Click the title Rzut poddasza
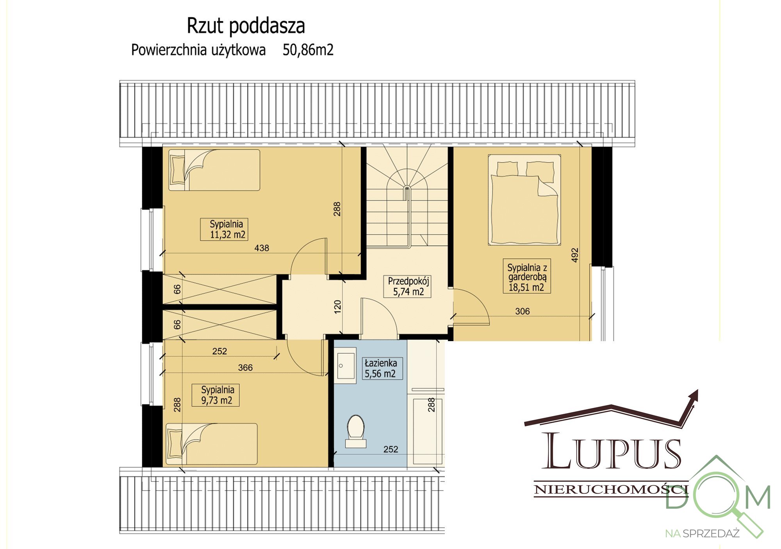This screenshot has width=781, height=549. (246, 26)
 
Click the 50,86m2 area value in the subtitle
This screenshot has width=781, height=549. (308, 50)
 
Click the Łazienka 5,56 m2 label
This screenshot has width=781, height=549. (380, 368)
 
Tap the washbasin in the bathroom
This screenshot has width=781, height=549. (346, 367)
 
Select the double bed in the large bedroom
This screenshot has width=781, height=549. (524, 200)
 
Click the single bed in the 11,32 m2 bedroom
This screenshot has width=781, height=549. (214, 170)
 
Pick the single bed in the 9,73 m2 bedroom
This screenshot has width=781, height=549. (212, 444)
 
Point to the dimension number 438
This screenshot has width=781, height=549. (262, 248)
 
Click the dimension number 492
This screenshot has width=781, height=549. (574, 255)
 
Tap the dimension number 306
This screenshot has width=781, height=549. (522, 311)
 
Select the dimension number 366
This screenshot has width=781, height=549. (245, 367)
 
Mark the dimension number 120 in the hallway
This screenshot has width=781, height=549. (338, 306)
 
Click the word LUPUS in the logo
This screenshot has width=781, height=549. (612, 452)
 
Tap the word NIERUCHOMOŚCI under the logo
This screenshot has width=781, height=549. (610, 489)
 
